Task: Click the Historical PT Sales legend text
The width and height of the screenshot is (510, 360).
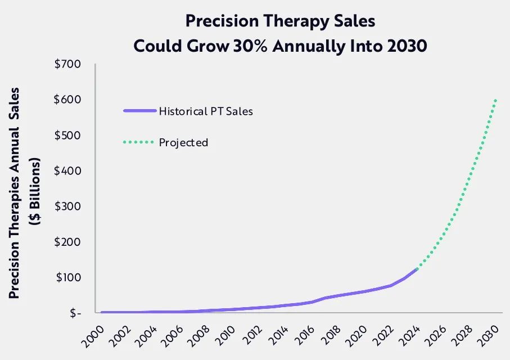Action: (x=206, y=111)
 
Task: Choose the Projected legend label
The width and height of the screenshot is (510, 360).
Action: (x=183, y=143)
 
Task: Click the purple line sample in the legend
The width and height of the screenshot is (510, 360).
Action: (x=139, y=111)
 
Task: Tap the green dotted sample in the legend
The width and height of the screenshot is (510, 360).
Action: (x=139, y=143)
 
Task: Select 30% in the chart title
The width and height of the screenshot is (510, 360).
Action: (x=256, y=46)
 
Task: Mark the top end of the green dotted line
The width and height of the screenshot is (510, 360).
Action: (x=496, y=100)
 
